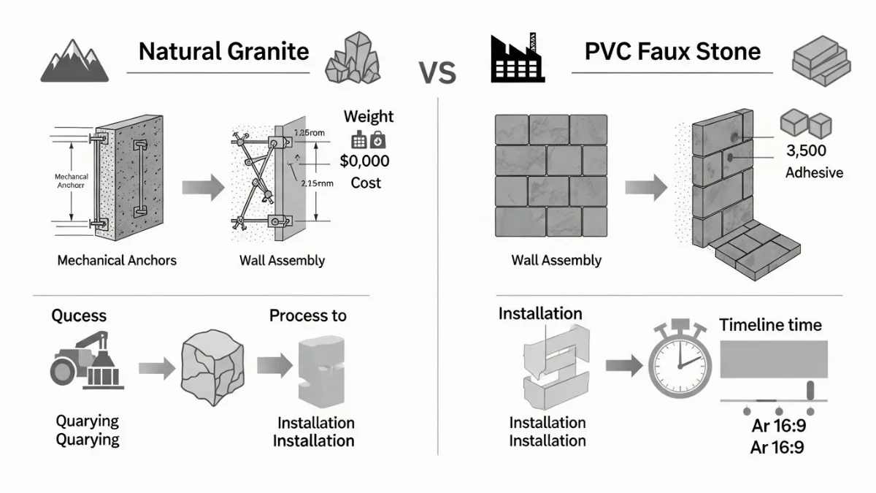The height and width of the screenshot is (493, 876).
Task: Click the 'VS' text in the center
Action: coord(437,73)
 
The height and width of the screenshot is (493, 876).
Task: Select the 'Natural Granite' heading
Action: coord(224,51)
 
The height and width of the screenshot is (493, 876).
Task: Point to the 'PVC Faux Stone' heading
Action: coord(672,51)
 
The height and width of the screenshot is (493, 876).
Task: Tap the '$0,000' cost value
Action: coord(364,161)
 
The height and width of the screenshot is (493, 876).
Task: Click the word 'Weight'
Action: coord(368,117)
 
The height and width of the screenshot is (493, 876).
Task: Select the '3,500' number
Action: coord(806,151)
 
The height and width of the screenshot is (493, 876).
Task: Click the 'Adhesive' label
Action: coord(814,173)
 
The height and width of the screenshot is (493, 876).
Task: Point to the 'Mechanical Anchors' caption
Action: coord(117,260)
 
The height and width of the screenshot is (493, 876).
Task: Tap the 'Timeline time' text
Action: coord(770,325)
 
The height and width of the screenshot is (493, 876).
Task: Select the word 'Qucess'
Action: coord(79,316)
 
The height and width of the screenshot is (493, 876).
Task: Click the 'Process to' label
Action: coord(308,316)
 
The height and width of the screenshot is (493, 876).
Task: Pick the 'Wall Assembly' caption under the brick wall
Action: coord(556,260)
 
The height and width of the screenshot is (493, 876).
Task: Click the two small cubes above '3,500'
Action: coord(805,123)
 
